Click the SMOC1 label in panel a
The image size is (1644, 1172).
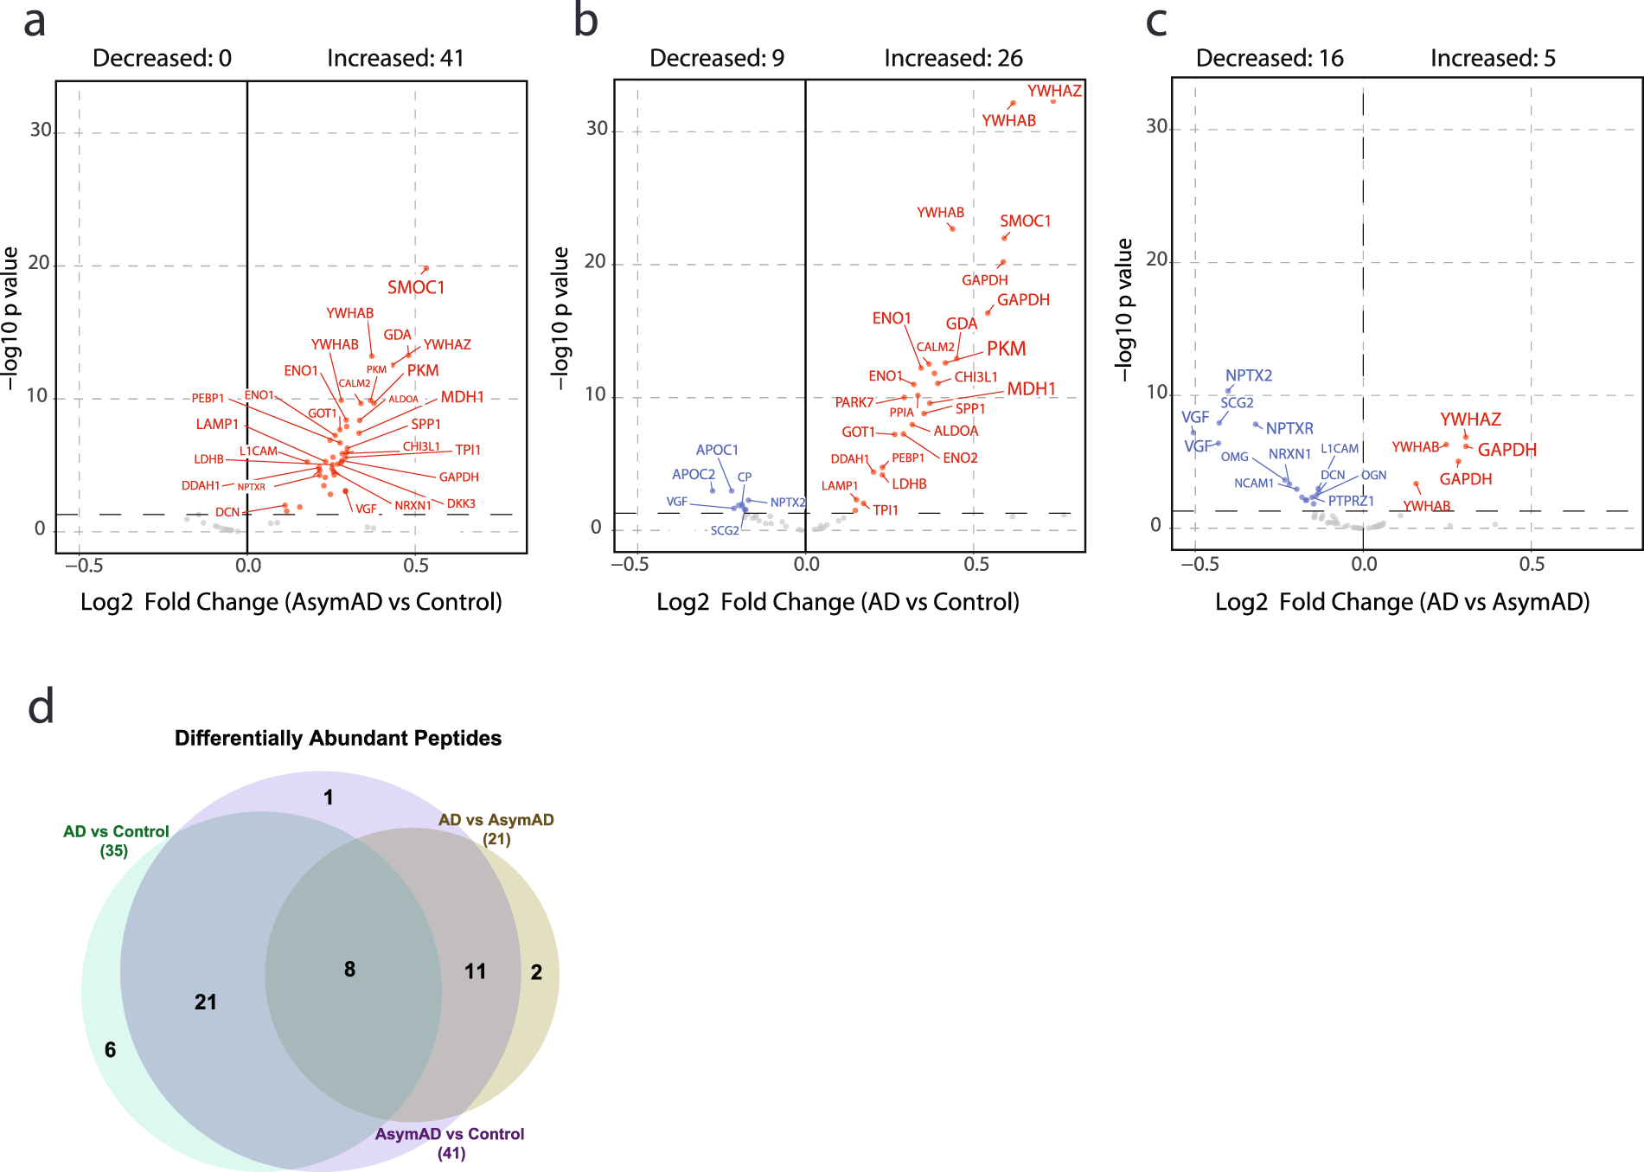416,287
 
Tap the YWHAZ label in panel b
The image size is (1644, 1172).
1054,91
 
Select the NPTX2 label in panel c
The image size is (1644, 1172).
1249,375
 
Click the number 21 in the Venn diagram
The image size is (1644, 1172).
206,1002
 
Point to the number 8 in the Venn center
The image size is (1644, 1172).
349,969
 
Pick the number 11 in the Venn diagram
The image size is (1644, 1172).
475,971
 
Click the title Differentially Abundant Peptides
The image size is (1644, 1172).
338,738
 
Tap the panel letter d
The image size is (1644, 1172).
41,707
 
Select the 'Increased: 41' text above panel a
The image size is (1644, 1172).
395,58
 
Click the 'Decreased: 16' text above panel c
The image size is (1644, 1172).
1270,58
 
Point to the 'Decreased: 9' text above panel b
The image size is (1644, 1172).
717,58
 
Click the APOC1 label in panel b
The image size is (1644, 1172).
717,450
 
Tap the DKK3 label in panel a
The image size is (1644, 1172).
461,503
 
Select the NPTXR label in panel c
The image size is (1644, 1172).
1289,428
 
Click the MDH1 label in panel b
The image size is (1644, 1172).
1032,389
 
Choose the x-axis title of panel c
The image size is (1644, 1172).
1402,602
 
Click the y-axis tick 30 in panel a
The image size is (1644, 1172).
41,130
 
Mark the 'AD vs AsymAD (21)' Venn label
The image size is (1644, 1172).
496,829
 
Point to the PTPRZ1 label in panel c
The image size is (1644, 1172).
1351,501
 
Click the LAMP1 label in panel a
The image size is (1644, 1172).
217,424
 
